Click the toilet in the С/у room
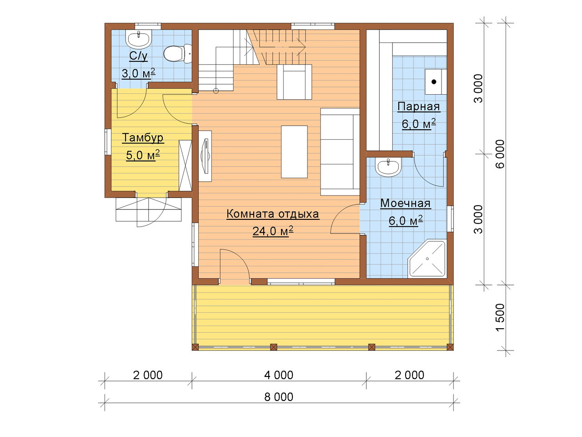[177, 54]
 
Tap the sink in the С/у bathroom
[140, 39]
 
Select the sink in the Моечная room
[388, 167]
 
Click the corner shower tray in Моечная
[427, 259]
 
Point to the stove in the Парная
[436, 82]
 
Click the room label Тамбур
[143, 138]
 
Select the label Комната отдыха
[272, 214]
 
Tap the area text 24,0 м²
[272, 231]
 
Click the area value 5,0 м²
[143, 155]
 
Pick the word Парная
[419, 107]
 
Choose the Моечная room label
[406, 203]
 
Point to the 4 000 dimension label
[279, 375]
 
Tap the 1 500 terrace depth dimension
[500, 317]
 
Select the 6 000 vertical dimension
[500, 154]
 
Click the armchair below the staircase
[294, 82]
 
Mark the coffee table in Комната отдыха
[294, 152]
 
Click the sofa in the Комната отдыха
[340, 152]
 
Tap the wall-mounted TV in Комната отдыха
[205, 156]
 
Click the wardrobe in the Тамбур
[185, 166]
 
